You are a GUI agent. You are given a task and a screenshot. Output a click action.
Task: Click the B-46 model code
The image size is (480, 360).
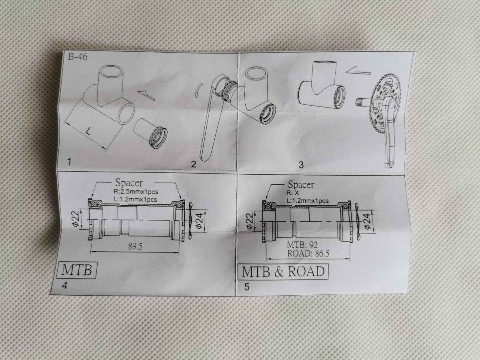pyautogui.click(x=78, y=57)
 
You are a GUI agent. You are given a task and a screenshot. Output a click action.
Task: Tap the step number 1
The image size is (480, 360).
pyautogui.click(x=69, y=162)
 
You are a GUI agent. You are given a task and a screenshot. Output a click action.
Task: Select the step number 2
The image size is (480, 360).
pyautogui.click(x=194, y=164)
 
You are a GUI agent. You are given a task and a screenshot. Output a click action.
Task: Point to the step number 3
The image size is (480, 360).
pyautogui.click(x=301, y=165)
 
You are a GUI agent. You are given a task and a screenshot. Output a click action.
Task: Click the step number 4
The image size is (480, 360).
pyautogui.click(x=64, y=286)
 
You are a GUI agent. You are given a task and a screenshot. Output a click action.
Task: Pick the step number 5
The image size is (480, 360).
pyautogui.click(x=247, y=287)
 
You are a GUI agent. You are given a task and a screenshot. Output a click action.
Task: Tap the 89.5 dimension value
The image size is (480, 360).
pyautogui.click(x=135, y=246)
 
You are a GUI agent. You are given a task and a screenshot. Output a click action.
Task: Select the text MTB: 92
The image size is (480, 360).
pyautogui.click(x=302, y=245)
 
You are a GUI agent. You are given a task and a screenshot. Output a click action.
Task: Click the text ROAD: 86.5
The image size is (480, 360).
pyautogui.click(x=308, y=254)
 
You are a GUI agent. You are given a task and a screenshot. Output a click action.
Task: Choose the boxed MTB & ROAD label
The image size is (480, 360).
pyautogui.click(x=283, y=272)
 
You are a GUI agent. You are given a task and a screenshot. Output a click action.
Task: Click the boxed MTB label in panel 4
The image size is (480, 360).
pyautogui.click(x=76, y=270)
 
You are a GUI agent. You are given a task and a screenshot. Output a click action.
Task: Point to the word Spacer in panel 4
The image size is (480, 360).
pyautogui.click(x=129, y=183)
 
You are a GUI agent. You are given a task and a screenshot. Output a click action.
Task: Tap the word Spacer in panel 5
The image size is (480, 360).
pyautogui.click(x=301, y=185)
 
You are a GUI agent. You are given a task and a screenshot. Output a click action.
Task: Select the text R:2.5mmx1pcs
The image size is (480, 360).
pyautogui.click(x=136, y=192)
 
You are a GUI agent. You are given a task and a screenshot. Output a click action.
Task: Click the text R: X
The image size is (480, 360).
pyautogui.click(x=292, y=193)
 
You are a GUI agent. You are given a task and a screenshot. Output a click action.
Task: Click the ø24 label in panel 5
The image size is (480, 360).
pyautogui.click(x=368, y=222)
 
